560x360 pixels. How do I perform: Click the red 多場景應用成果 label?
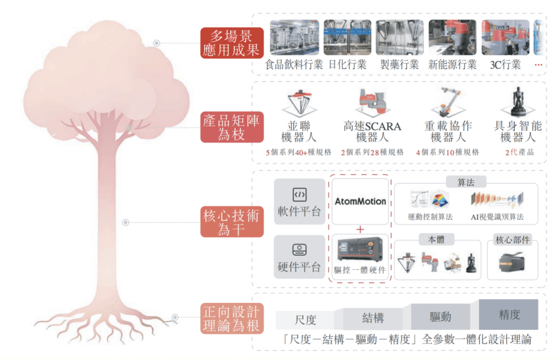(x=232, y=43)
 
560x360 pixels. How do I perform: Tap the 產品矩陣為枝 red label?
(x=232, y=127)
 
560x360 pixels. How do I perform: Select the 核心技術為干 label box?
(x=232, y=222)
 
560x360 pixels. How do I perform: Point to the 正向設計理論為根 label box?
(x=232, y=319)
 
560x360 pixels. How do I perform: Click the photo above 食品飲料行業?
(x=295, y=37)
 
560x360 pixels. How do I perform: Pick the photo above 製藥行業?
(x=400, y=37)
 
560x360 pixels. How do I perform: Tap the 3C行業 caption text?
(x=505, y=65)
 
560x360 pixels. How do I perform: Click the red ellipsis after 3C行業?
(x=538, y=65)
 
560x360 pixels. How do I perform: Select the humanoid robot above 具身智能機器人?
(x=517, y=102)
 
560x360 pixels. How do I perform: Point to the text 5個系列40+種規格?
(x=299, y=153)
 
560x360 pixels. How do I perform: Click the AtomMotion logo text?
(x=360, y=201)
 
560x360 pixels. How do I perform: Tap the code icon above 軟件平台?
(x=299, y=195)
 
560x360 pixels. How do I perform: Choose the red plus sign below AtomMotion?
(x=360, y=229)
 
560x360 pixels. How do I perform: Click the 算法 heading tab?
(x=466, y=183)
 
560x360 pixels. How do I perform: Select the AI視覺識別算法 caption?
(x=497, y=217)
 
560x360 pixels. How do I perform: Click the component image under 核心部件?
(x=512, y=262)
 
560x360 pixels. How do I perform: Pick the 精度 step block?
(x=509, y=315)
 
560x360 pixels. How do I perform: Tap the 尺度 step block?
(x=305, y=320)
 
